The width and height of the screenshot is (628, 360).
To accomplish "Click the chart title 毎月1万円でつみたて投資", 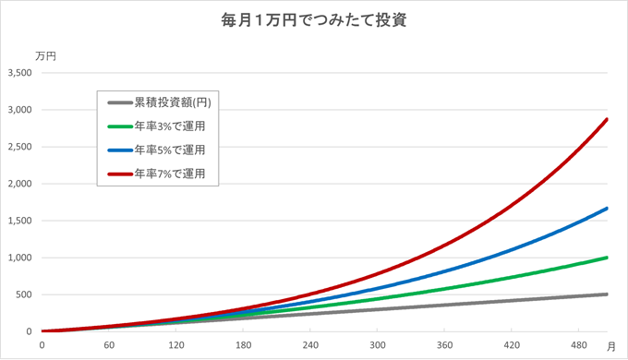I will click(x=315, y=20).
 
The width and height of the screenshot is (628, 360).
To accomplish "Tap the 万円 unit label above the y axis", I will click(x=45, y=56).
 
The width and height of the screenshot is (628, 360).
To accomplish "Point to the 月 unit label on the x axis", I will click(x=610, y=345).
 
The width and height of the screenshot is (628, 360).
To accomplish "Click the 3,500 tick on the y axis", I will click(x=19, y=73).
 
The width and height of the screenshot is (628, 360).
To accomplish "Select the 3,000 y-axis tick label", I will click(x=19, y=110).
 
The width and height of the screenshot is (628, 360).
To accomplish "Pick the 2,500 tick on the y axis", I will click(x=19, y=147).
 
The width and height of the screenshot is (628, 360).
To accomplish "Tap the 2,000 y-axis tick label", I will click(x=19, y=184).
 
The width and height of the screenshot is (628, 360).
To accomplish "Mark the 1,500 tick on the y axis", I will click(x=19, y=221).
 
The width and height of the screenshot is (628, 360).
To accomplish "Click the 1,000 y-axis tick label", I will click(x=19, y=258).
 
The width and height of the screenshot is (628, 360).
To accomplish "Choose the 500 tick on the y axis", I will click(x=24, y=294).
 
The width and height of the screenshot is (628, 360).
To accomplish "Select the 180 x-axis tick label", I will click(x=243, y=345).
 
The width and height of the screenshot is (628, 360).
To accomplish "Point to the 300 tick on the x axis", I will click(x=377, y=345).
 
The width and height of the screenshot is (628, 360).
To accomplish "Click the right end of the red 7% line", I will click(x=606, y=119).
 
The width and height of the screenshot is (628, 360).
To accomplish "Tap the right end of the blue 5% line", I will click(x=606, y=209).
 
